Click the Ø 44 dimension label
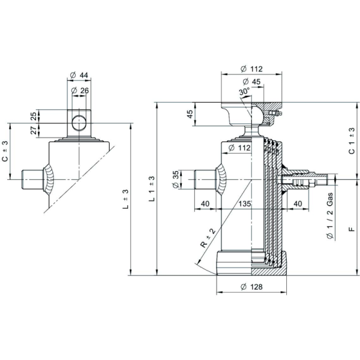coord(79,75)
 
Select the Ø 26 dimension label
coord(80,91)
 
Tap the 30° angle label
coord(244,91)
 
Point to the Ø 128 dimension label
coord(251,287)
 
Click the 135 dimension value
coord(245,203)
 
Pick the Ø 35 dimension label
coord(176,179)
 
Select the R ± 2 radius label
coord(208,238)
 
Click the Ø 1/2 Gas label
coord(330,216)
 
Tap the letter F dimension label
coord(352,229)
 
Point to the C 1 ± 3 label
coord(352,141)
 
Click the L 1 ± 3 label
coord(152,189)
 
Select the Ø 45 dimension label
coord(251,82)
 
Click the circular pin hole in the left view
coord(79,123)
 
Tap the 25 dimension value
coord(34,116)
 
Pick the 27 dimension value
coord(34,130)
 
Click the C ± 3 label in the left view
coord(5,151)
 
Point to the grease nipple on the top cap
coord(275,113)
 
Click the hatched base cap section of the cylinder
coord(269,263)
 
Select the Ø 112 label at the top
coord(251,69)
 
